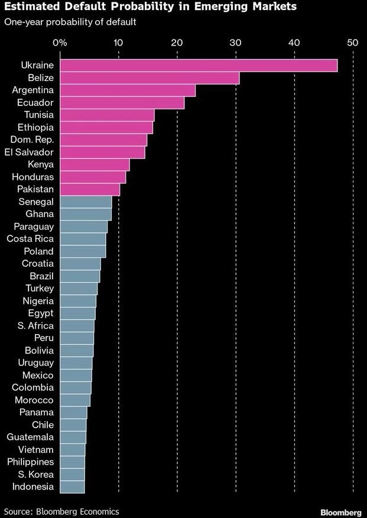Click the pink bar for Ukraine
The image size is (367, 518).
(x=198, y=65)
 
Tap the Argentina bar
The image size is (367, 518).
(x=127, y=90)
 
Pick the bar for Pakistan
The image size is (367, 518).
(x=90, y=189)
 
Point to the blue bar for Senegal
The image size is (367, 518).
(x=86, y=202)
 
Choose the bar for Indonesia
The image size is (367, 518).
(x=72, y=487)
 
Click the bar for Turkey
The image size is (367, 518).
(x=79, y=288)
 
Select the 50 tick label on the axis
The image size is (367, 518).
(x=352, y=43)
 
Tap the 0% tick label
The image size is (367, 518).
(x=60, y=43)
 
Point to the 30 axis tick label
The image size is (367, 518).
(x=235, y=43)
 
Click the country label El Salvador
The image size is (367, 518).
(x=29, y=152)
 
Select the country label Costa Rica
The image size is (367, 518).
(x=30, y=239)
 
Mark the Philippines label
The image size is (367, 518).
(x=30, y=462)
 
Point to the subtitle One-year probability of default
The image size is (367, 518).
(x=70, y=22)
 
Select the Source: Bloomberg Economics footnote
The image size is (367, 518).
(x=61, y=511)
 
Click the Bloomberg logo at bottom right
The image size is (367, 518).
(x=340, y=511)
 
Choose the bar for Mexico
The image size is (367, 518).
(x=76, y=375)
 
